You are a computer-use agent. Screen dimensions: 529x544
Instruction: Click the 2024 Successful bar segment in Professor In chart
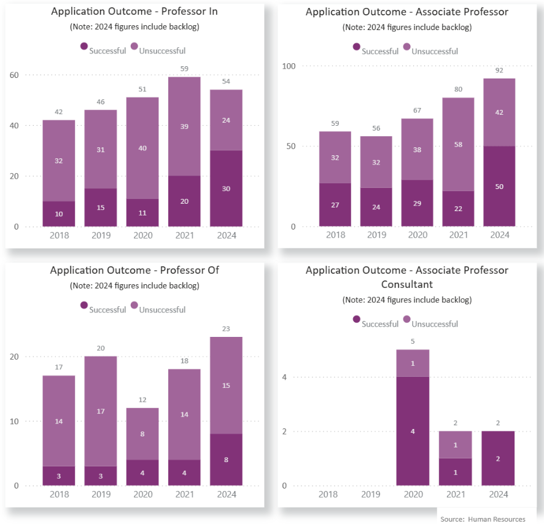226,188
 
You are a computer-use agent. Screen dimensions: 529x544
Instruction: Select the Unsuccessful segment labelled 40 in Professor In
142,148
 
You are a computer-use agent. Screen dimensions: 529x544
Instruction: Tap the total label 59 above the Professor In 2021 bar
184,69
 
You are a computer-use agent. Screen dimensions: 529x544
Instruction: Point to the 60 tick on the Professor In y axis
13,75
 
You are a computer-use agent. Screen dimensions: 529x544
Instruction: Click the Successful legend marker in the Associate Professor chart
356,47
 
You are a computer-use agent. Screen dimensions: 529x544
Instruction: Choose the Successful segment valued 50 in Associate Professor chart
499,186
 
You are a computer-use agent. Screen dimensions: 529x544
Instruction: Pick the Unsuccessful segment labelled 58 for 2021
458,144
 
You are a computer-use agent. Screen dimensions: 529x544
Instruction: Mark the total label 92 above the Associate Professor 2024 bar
499,71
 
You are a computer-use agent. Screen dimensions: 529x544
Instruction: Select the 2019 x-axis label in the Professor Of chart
101,494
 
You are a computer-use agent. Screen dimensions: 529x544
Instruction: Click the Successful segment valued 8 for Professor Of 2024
226,460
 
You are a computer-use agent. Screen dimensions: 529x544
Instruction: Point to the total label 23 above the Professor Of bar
226,329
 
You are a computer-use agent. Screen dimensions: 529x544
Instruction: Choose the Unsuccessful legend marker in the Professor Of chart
134,305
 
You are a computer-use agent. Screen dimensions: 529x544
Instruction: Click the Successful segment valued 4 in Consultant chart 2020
413,431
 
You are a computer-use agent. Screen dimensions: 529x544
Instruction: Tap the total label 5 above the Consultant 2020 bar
413,342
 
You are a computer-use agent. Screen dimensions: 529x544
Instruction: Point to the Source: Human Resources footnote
483,519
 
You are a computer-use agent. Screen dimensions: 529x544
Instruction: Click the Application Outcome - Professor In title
134,12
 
